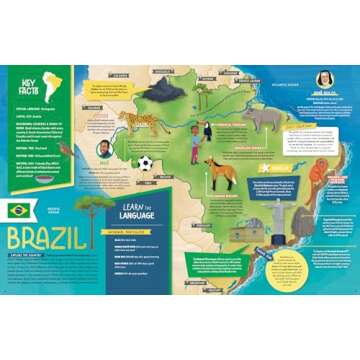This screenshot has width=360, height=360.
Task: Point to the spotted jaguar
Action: [x=130, y=121]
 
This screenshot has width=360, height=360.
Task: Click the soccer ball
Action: [x=147, y=162]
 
